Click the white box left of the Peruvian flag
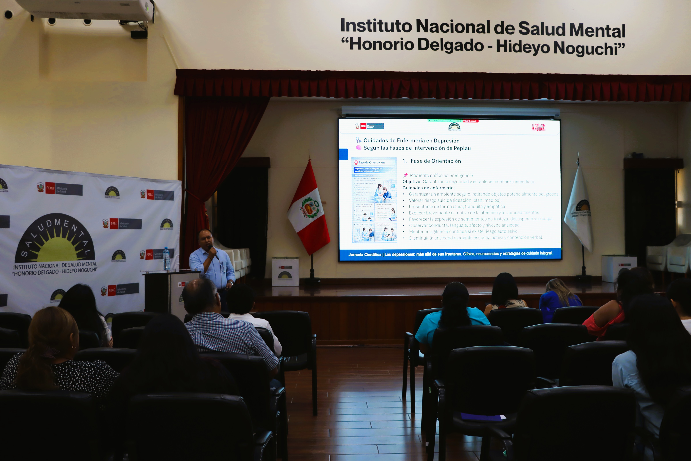(x=285, y=272)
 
